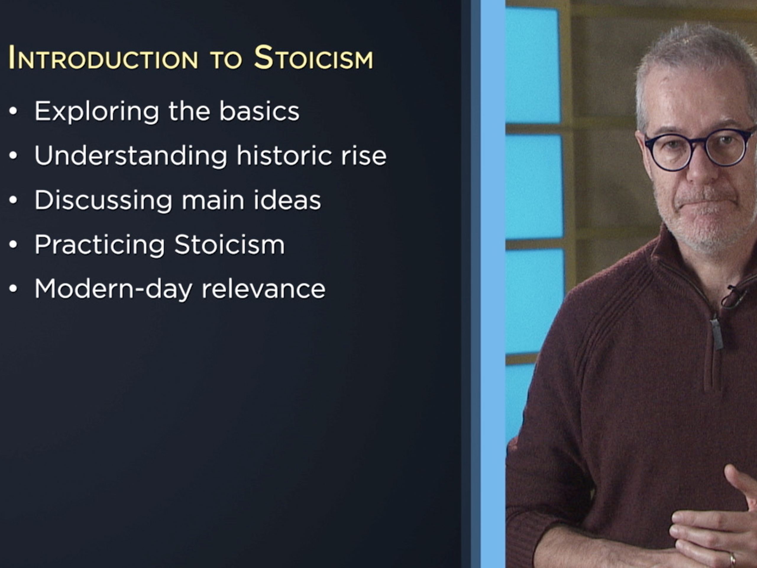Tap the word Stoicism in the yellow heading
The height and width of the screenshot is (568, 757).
[313, 58]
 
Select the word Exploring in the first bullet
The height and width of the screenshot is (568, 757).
[97, 112]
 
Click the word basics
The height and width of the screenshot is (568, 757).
[259, 111]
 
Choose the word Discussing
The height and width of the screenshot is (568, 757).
[103, 200]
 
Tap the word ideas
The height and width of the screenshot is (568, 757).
[287, 200]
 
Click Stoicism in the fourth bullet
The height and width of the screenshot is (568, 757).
[229, 245]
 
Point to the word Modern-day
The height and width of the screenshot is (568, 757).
[113, 289]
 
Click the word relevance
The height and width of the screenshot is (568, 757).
[263, 290]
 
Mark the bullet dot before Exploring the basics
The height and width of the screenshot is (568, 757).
[13, 111]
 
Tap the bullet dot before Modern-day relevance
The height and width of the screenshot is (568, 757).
[13, 289]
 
